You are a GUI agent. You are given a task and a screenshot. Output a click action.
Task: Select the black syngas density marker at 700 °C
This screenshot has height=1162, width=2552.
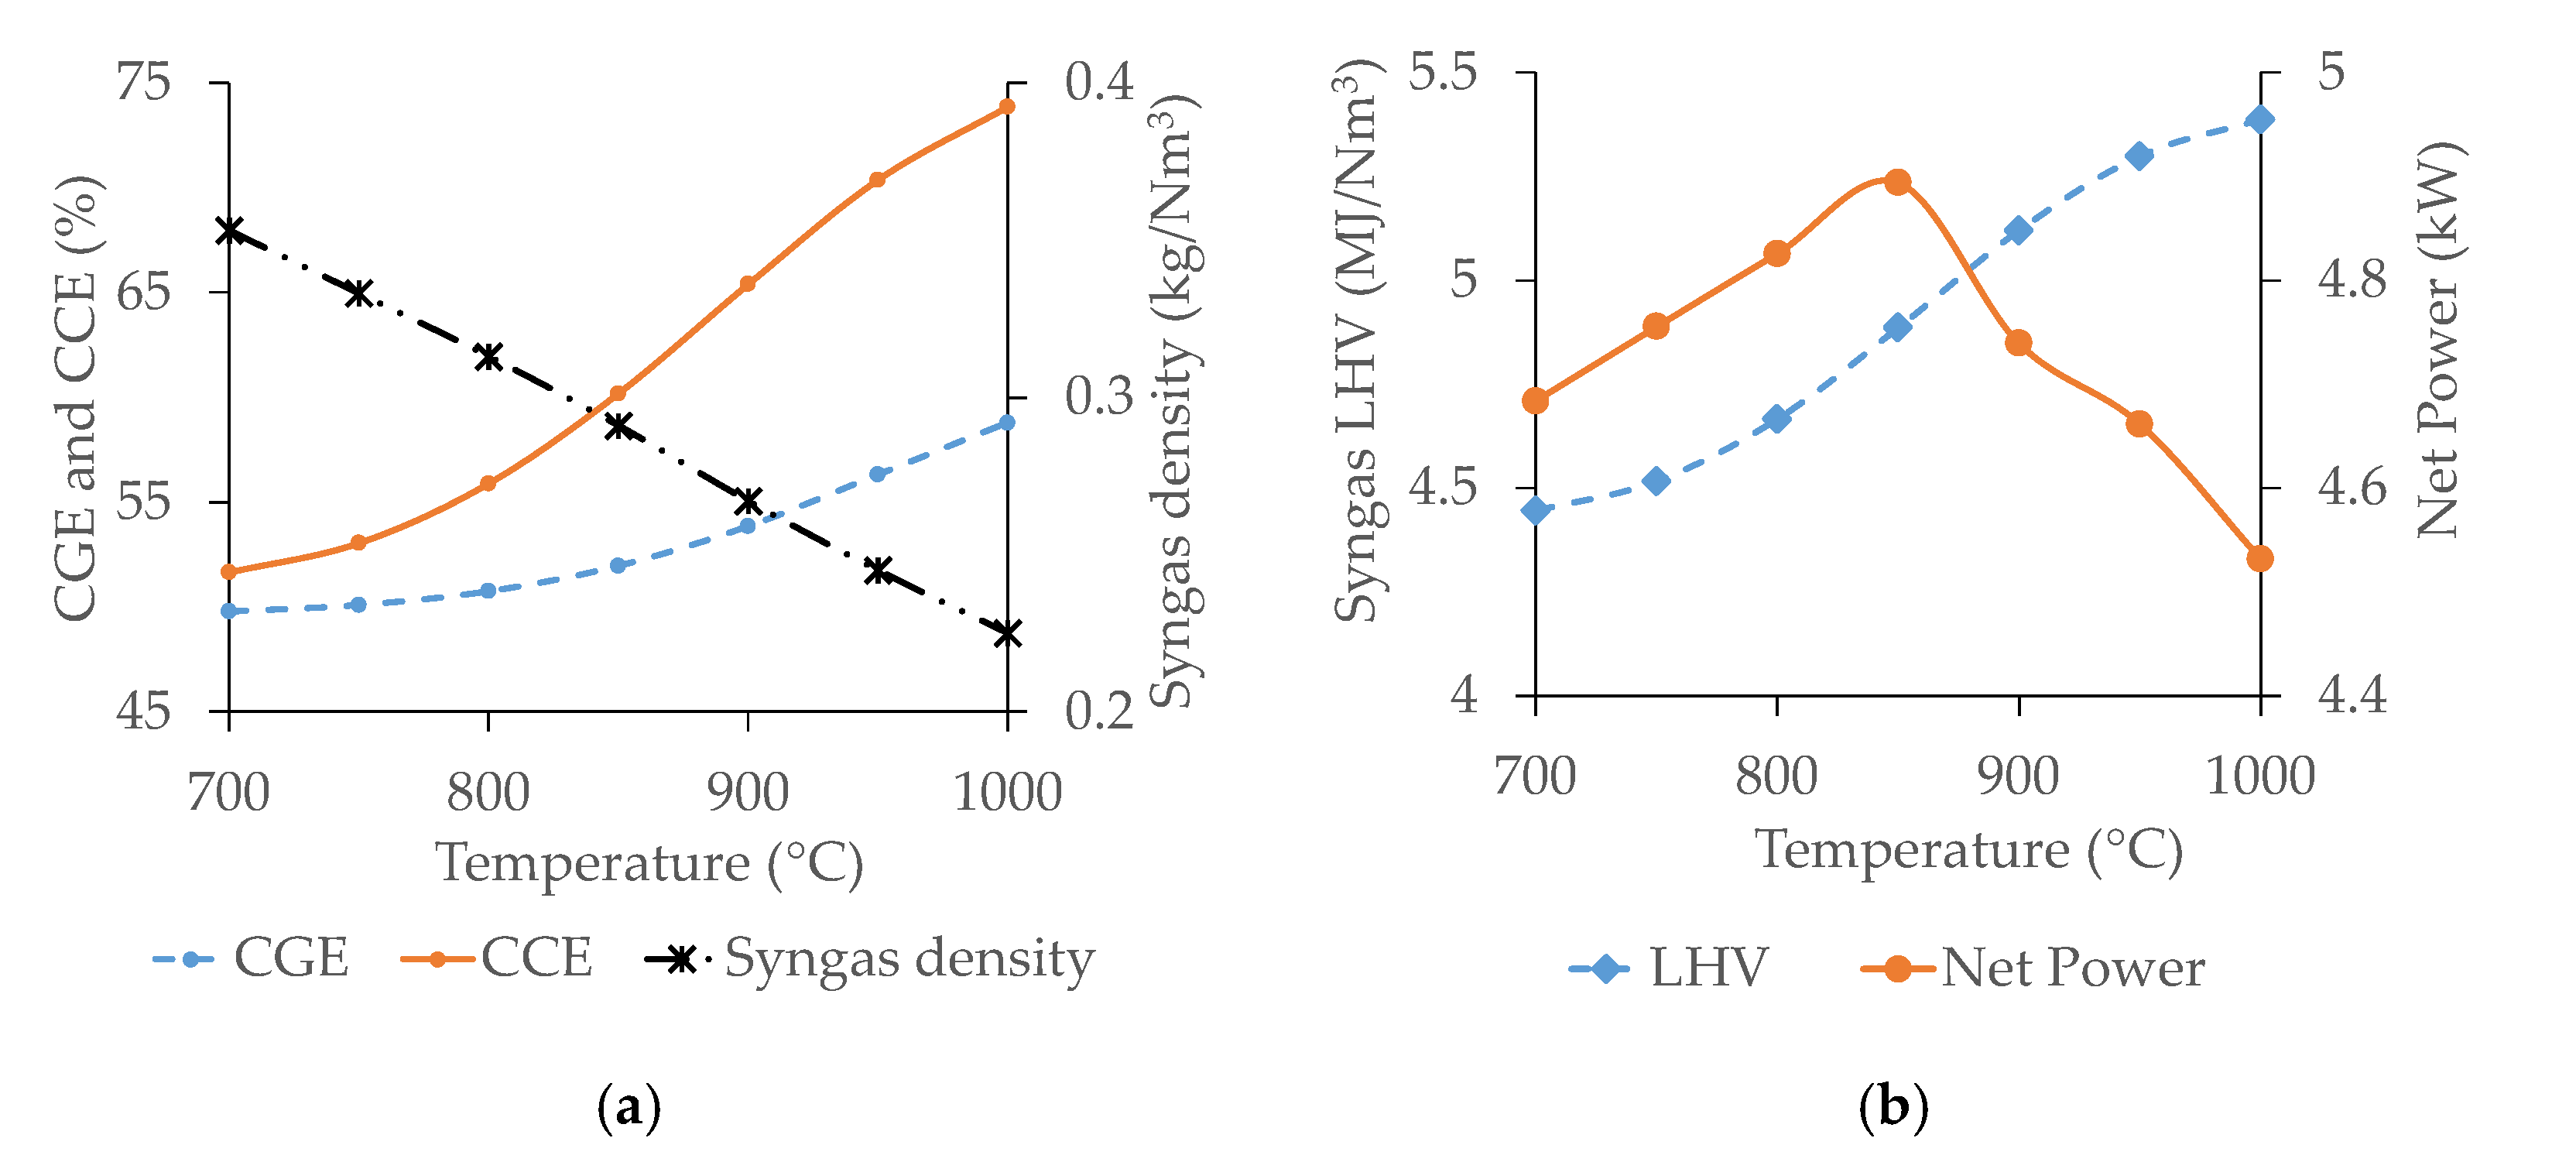[229, 231]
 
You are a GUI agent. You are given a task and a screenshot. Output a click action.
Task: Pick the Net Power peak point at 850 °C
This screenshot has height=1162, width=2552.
[1897, 182]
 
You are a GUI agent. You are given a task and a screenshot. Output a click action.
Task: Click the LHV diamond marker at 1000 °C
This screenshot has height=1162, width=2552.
[2259, 120]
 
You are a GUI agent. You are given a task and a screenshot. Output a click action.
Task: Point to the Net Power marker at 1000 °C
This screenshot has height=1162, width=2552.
[2259, 559]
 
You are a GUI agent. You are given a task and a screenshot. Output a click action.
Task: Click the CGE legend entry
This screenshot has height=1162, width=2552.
[252, 958]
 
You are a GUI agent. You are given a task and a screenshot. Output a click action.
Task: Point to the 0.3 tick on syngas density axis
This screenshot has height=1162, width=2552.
[1098, 396]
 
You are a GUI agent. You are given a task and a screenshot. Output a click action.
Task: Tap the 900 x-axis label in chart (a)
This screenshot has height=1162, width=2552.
[747, 793]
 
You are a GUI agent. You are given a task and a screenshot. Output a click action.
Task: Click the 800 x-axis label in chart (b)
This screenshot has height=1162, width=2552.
[1776, 776]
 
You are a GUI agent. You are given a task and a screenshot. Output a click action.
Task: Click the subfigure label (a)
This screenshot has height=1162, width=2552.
[629, 1108]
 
